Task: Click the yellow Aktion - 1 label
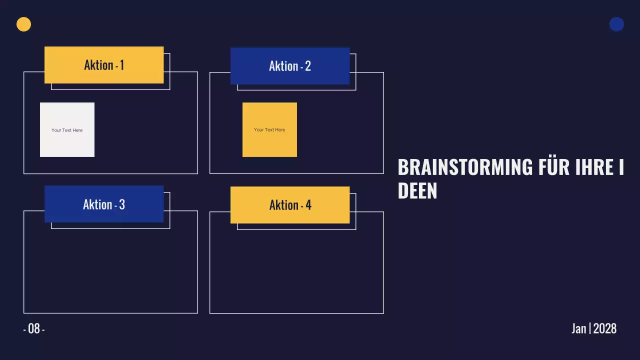[x=104, y=65]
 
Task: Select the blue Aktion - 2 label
[x=290, y=66]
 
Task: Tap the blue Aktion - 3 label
[x=104, y=204]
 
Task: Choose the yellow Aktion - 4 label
[x=290, y=205]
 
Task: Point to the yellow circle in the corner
[x=23, y=24]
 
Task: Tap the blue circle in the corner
[x=616, y=24]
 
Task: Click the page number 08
[x=34, y=328]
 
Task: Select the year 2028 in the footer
[x=605, y=328]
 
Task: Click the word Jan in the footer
[x=579, y=328]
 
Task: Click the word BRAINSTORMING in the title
[x=465, y=167]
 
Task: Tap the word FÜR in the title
[x=554, y=167]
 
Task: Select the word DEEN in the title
[x=417, y=191]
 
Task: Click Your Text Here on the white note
[x=67, y=130]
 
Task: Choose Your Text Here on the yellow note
[x=269, y=129]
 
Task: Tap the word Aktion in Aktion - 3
[x=97, y=204]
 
